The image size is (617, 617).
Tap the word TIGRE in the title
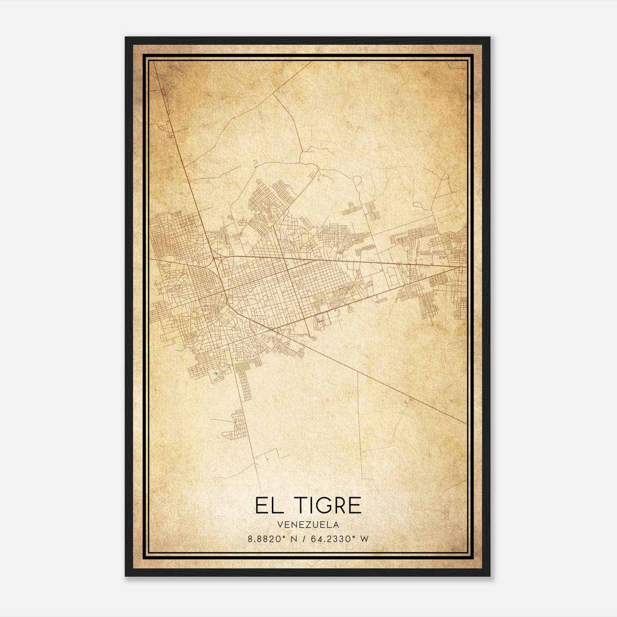(330, 506)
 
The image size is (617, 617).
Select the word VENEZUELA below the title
(308, 525)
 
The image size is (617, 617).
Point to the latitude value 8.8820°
(267, 539)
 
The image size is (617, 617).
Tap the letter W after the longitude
(364, 539)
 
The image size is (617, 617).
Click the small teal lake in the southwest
(216, 373)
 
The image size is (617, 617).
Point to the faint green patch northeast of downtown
(351, 205)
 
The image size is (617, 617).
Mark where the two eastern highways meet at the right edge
(463, 266)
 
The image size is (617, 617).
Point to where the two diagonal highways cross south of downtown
(272, 330)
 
